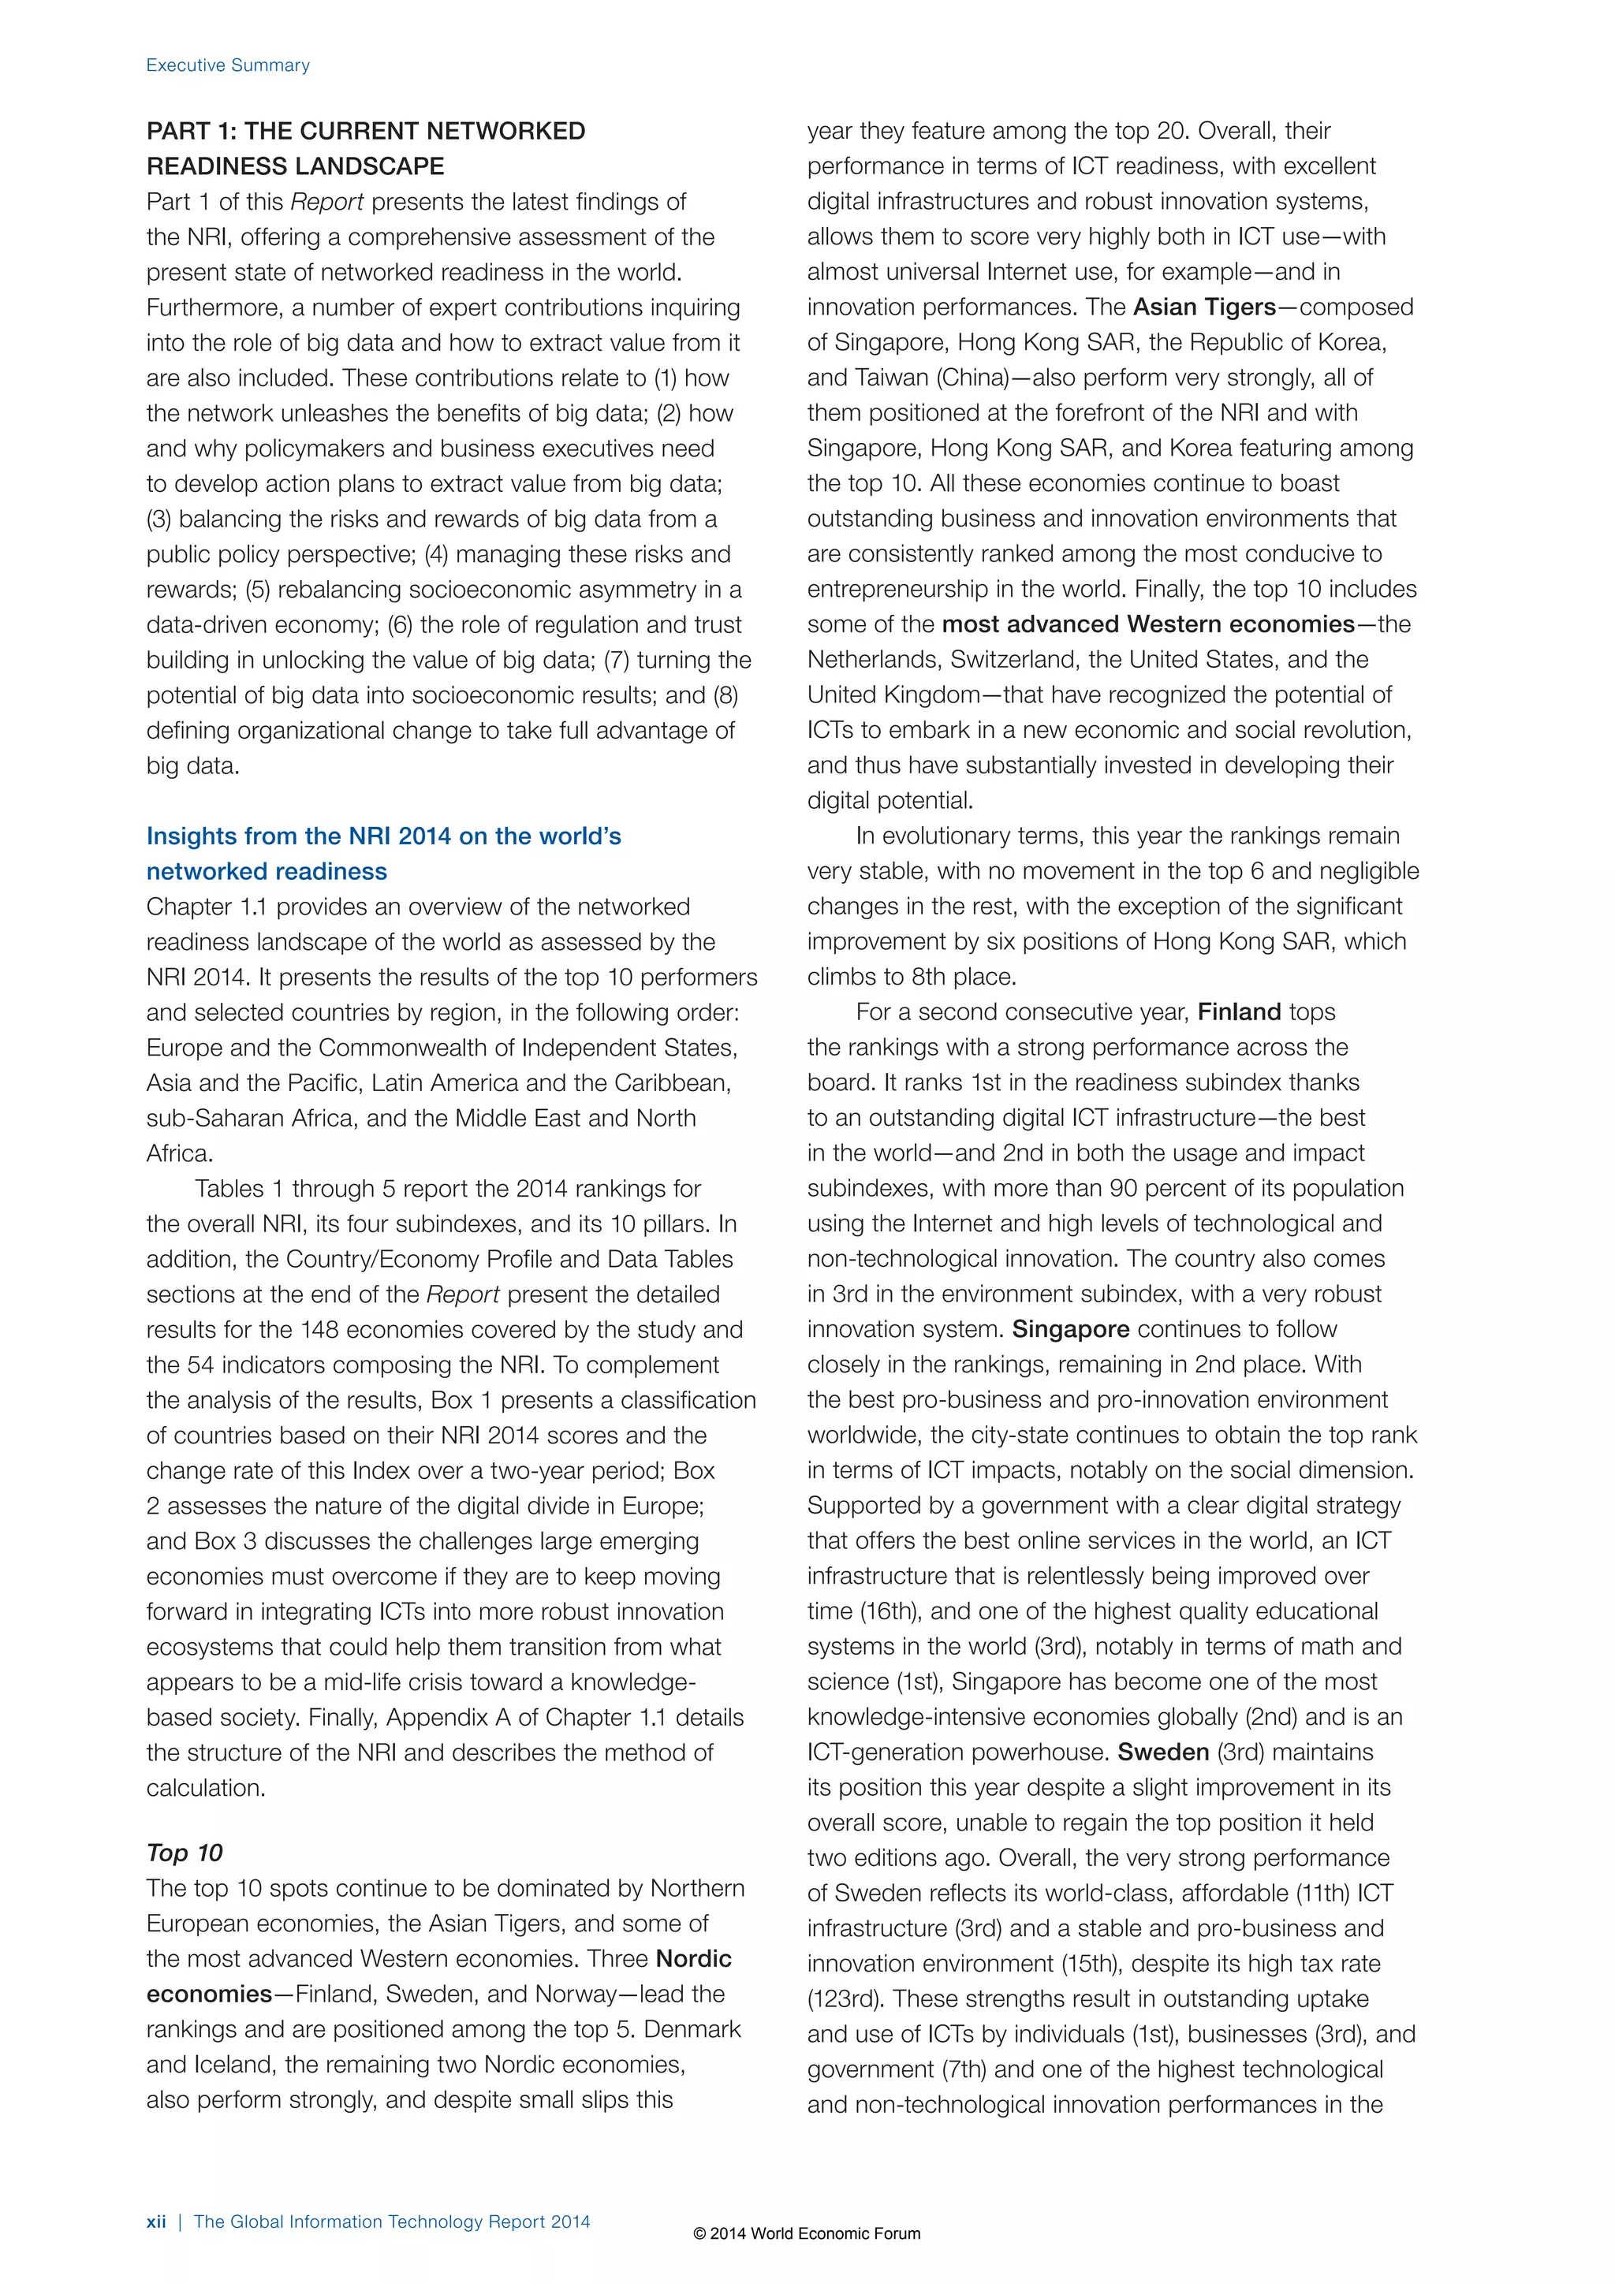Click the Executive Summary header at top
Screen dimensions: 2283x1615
pos(228,65)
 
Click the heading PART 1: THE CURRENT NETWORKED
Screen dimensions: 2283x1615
pos(365,131)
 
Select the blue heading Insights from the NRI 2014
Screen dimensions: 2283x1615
pos(383,836)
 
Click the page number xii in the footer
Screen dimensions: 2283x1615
pos(156,2222)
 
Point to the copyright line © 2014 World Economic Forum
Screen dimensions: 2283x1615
pos(807,2233)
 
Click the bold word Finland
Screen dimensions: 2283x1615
pos(1238,1012)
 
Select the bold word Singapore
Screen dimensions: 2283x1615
pos(1070,1329)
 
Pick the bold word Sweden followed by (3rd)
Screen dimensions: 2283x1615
pos(1162,1752)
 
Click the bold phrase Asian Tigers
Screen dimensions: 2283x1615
pos(1204,307)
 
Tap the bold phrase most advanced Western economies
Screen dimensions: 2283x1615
pos(1147,624)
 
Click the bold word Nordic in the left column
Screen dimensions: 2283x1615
pos(693,1959)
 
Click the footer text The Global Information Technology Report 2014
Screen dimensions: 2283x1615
pos(392,2222)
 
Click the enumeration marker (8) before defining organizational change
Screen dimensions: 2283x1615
pos(724,695)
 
